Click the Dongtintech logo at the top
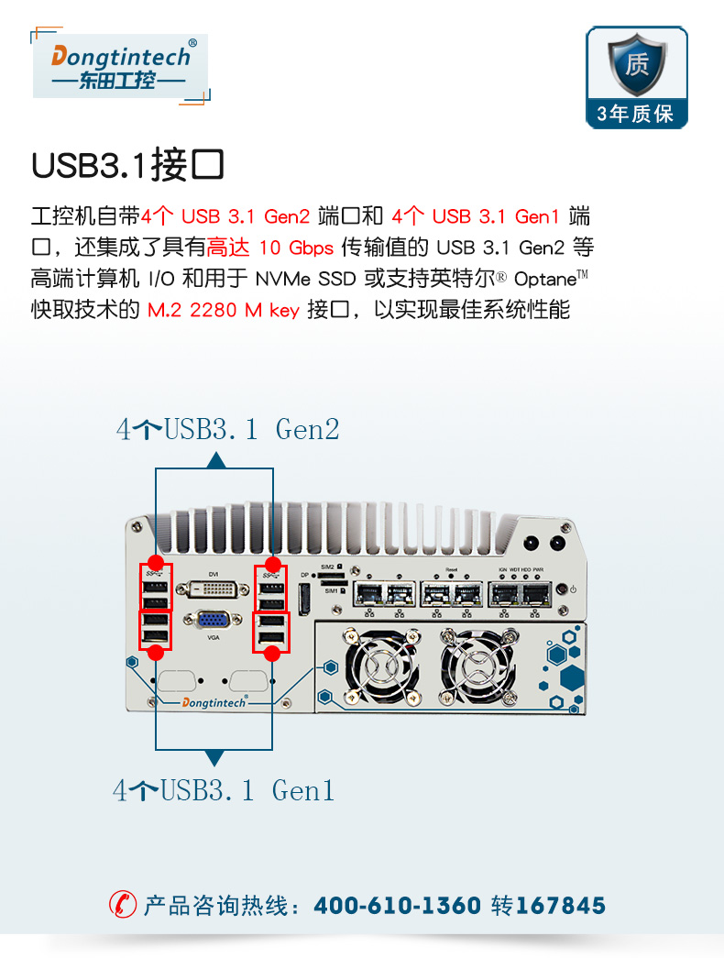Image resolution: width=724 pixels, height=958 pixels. [x=121, y=66]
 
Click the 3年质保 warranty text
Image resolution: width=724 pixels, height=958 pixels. [x=636, y=114]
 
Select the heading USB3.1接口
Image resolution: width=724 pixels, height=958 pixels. [x=127, y=166]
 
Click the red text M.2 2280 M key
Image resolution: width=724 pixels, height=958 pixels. [x=224, y=310]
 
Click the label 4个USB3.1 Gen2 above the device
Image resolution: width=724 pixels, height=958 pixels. [x=227, y=428]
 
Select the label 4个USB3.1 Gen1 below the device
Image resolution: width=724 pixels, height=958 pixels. [x=225, y=790]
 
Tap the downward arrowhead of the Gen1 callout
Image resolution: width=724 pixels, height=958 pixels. [x=214, y=758]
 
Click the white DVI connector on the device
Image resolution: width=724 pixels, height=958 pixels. [x=214, y=589]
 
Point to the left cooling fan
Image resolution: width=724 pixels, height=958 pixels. [x=380, y=666]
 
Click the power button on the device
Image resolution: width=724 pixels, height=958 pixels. [x=573, y=589]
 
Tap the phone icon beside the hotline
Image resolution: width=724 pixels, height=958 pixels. [x=122, y=906]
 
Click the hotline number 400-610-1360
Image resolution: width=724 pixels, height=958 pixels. [x=397, y=907]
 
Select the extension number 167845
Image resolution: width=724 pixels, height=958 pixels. [x=561, y=907]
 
